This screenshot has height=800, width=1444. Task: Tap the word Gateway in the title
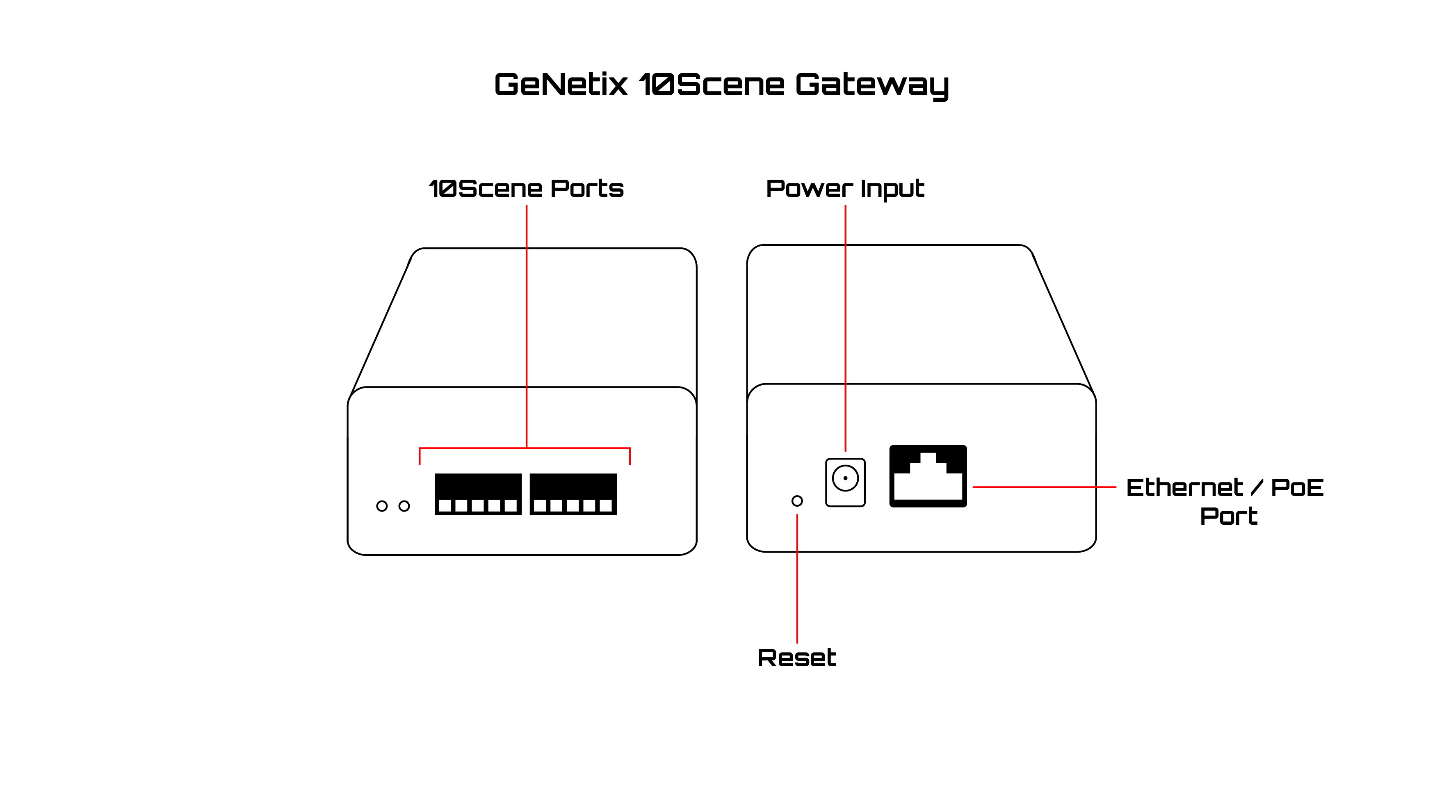[871, 86]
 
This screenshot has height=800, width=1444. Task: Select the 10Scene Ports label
[526, 189]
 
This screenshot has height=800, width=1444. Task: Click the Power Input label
[845, 190]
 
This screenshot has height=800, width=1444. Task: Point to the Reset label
[796, 658]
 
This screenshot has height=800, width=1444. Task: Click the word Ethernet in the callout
[1184, 488]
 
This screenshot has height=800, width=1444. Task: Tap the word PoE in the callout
[1297, 488]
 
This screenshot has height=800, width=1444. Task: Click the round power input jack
[845, 479]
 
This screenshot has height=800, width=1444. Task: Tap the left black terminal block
[478, 494]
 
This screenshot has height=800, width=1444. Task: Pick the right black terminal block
[573, 494]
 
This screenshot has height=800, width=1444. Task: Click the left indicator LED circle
[382, 506]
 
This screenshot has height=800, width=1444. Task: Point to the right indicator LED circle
[404, 506]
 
